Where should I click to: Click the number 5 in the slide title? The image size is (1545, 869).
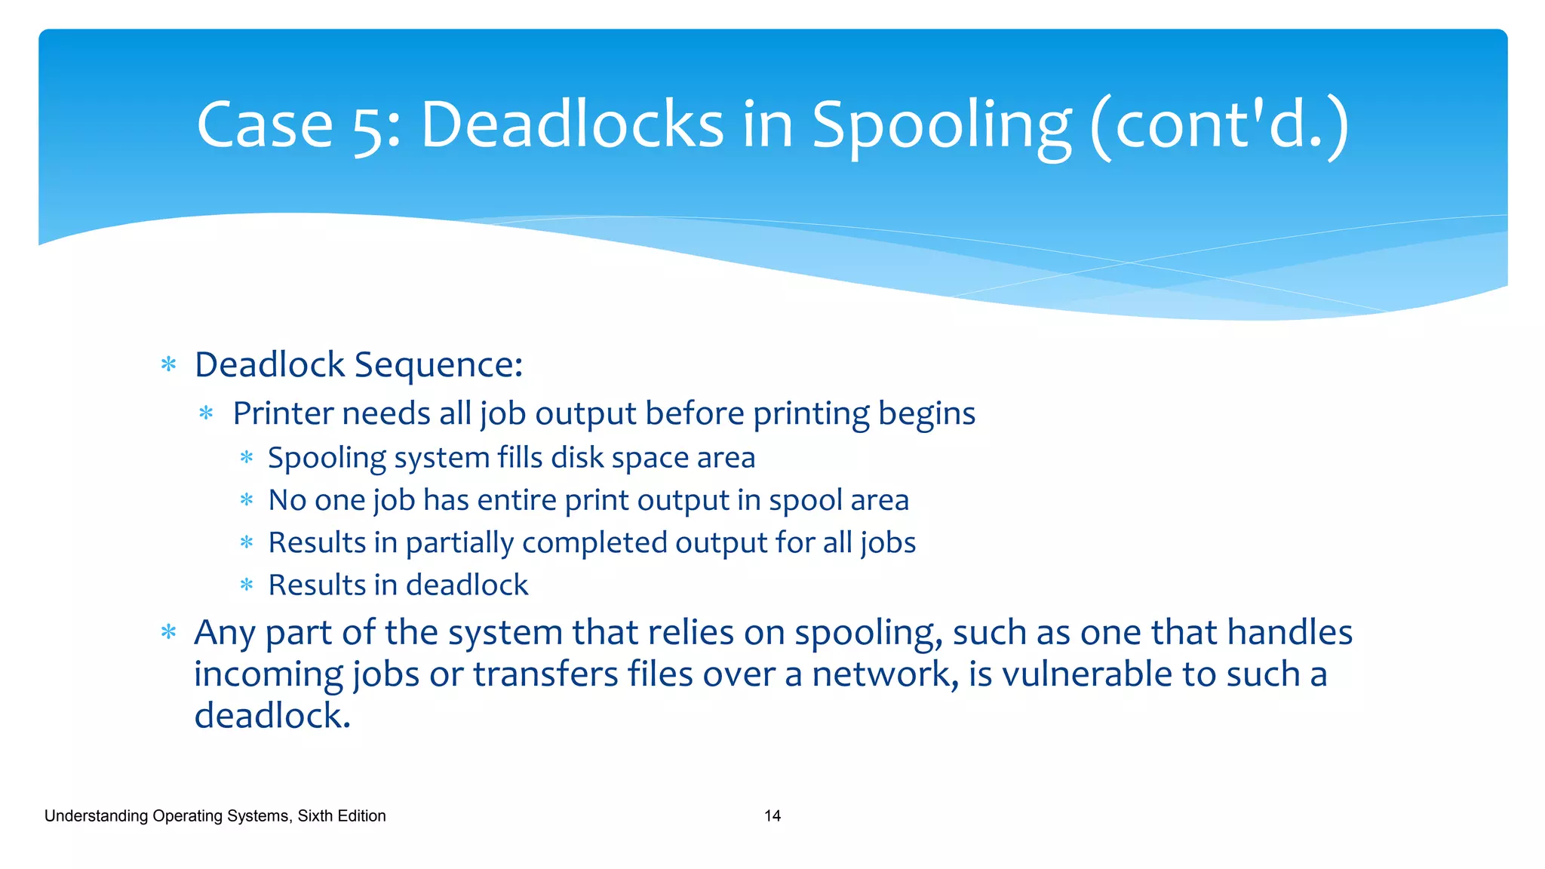coord(369,127)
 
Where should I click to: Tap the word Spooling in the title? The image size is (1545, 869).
coord(941,127)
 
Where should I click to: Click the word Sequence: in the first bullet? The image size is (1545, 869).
coord(438,365)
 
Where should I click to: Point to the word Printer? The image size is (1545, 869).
coord(283,413)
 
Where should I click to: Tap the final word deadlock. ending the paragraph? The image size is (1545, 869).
coord(272,716)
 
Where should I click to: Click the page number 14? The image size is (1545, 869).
coord(772,815)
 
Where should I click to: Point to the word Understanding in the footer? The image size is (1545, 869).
coord(96,816)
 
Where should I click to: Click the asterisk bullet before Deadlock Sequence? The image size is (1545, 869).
coord(169,366)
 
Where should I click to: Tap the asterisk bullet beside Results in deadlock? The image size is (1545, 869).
coord(247,585)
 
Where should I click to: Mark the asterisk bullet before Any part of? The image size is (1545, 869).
coord(169,632)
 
